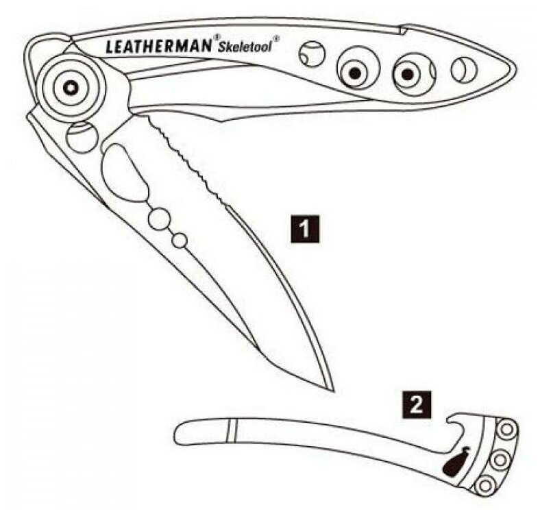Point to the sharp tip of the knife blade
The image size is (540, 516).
pyautogui.click(x=332, y=391)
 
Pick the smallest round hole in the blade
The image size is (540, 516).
pyautogui.click(x=180, y=240)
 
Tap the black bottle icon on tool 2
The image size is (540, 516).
pyautogui.click(x=456, y=461)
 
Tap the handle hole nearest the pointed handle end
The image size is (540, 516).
pyautogui.click(x=464, y=69)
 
